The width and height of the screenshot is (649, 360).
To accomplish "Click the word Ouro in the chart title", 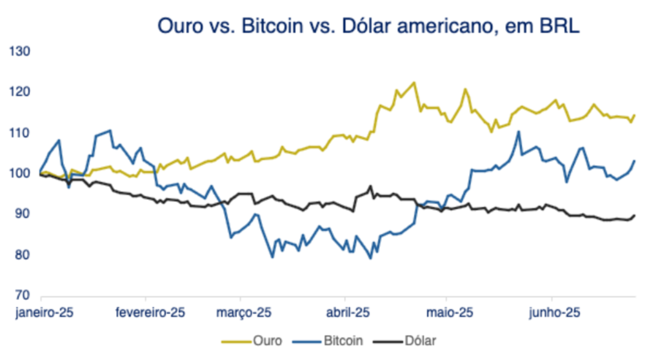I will coord(180,27).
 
